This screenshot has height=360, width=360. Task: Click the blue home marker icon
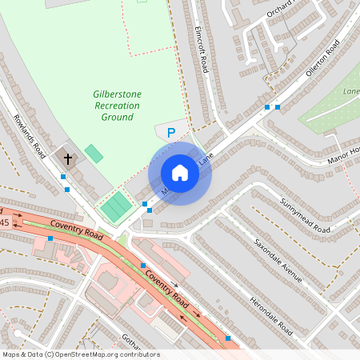coord(180,173)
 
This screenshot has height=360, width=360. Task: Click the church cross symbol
coord(67,159)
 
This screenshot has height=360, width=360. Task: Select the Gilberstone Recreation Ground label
coord(117,106)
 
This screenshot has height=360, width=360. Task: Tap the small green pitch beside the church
coord(94,153)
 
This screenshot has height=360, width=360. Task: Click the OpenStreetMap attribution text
coord(81,354)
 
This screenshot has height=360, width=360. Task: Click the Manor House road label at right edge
coord(344,151)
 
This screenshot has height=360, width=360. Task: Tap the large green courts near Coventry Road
coord(117,207)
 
